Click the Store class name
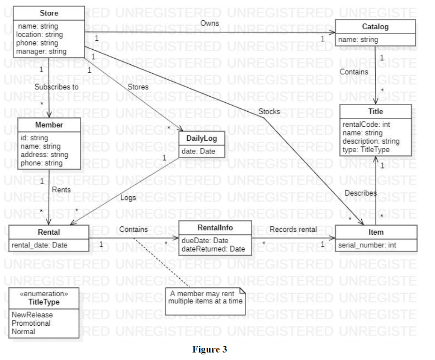[49, 13]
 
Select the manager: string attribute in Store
[41, 51]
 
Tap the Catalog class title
[375, 27]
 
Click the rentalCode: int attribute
[366, 124]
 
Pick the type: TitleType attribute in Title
[366, 150]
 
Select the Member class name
[49, 125]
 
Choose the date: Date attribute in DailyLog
[198, 151]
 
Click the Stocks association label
[269, 112]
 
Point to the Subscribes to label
[56, 87]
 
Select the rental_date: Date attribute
[39, 245]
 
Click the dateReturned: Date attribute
[213, 249]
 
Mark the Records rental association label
[293, 230]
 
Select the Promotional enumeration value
[31, 323]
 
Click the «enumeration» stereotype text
[45, 294]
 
